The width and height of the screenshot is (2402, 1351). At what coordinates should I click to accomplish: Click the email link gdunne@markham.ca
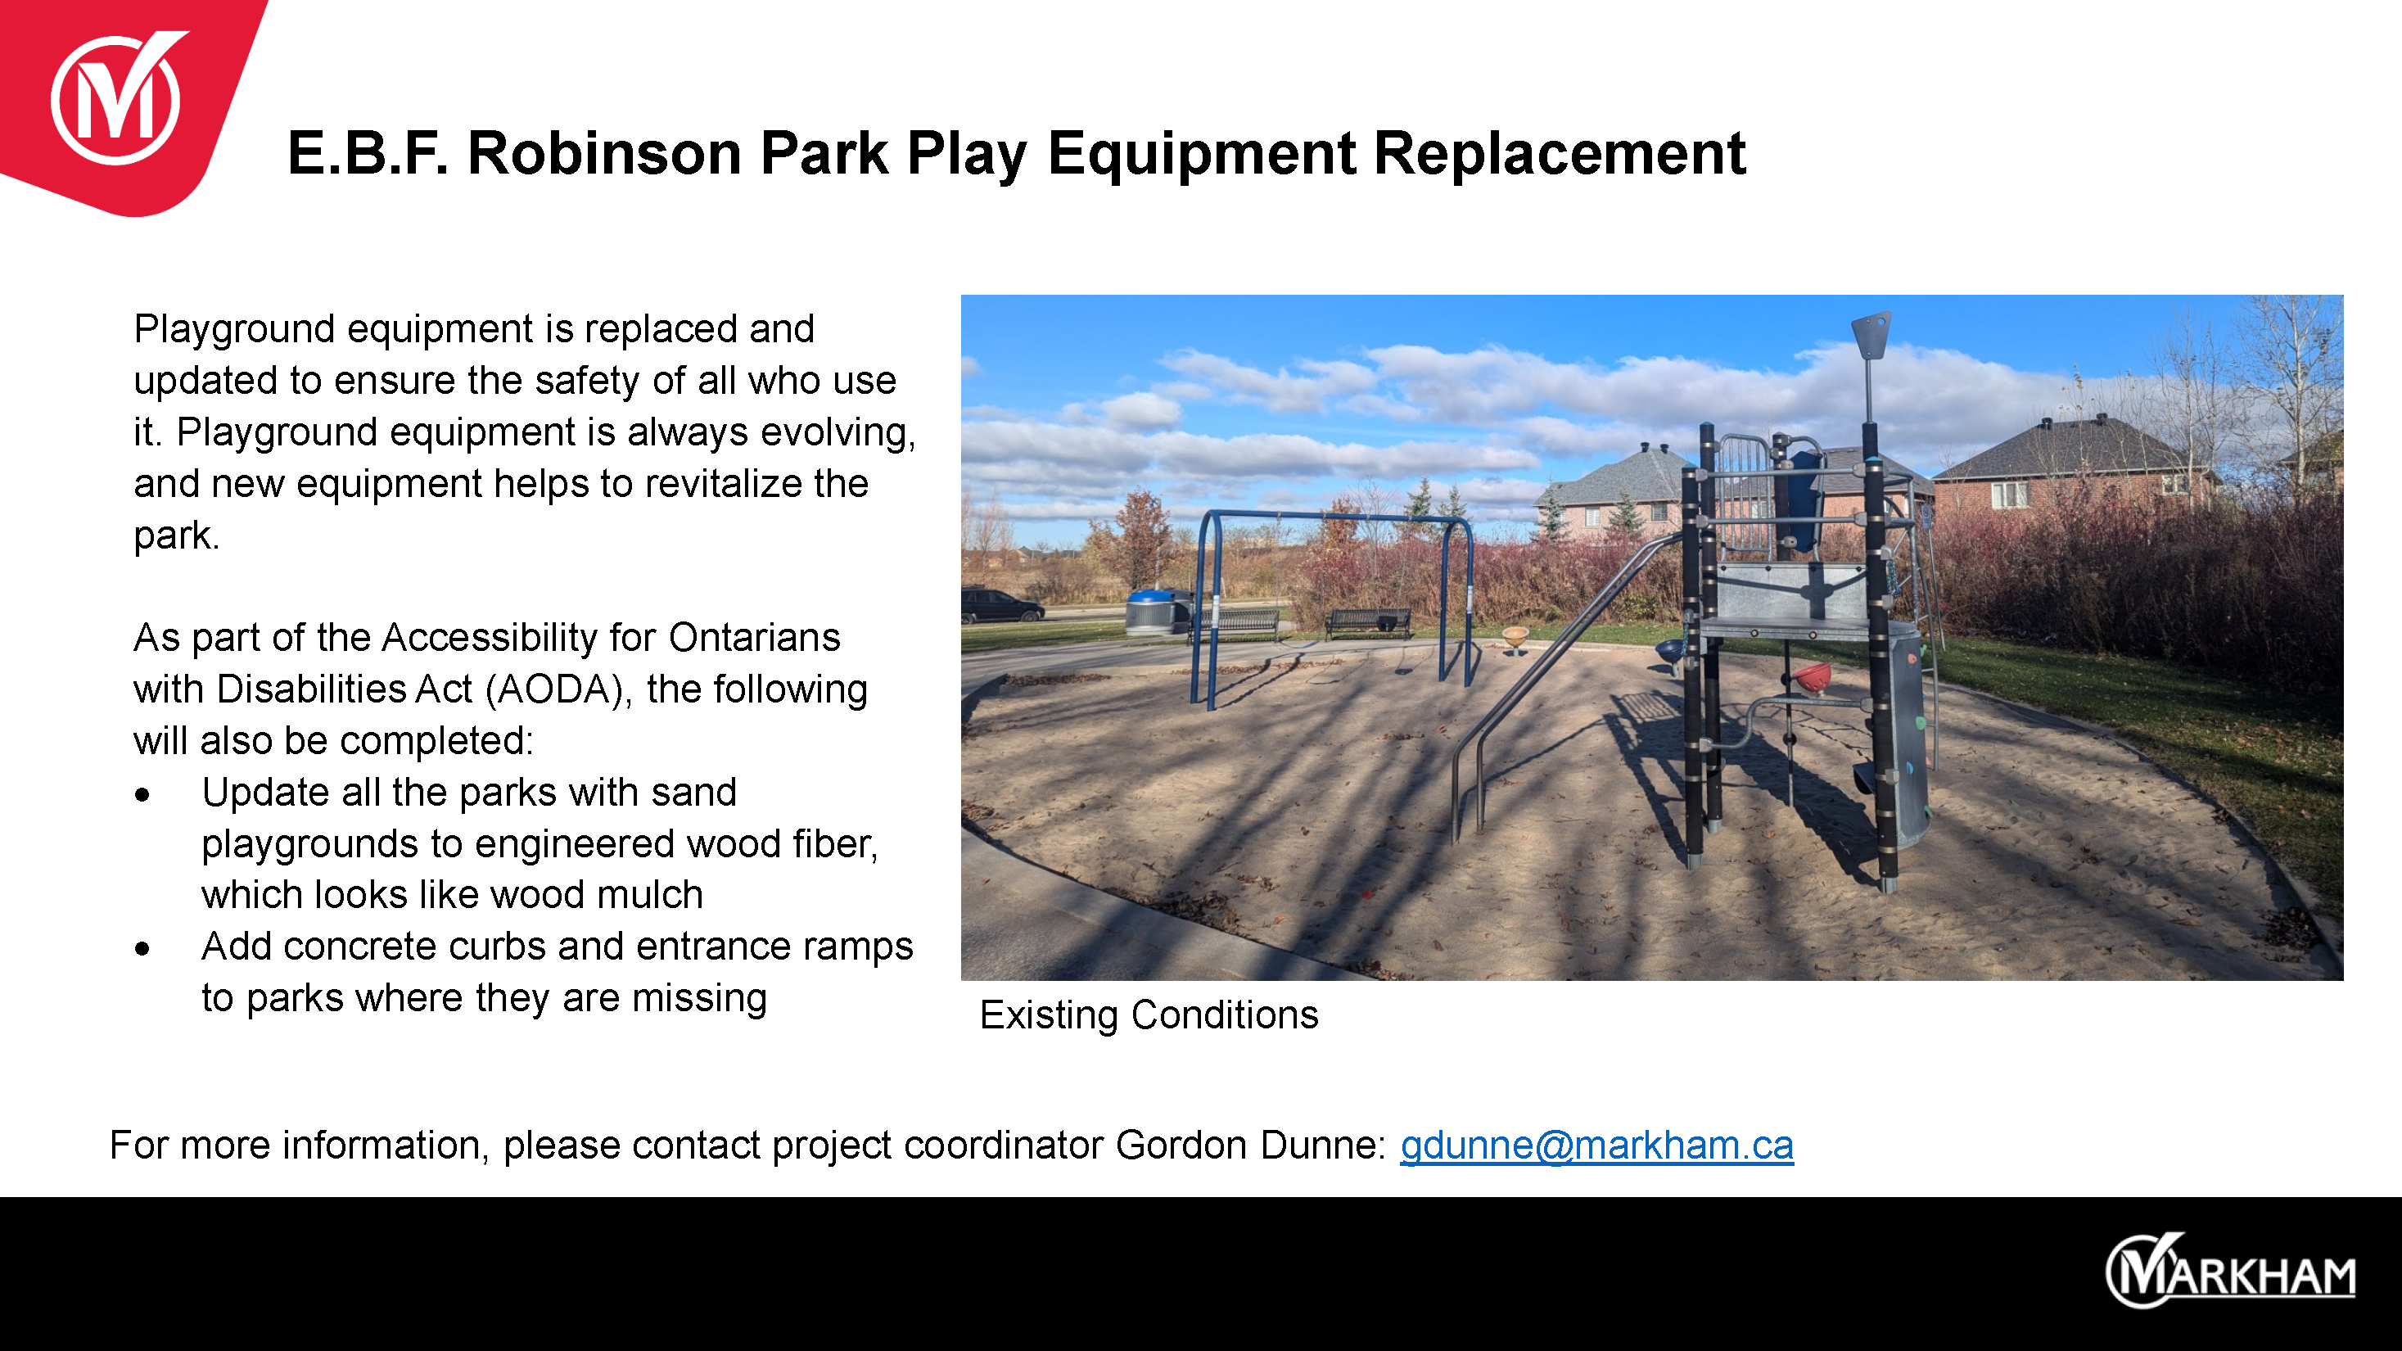coord(1596,1145)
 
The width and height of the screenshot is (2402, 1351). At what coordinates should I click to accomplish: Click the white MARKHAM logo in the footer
coord(2229,1271)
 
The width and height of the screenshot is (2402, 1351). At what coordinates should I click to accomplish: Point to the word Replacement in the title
coord(1559,155)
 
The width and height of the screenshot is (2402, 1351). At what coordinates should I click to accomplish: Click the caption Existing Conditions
coord(1149,1015)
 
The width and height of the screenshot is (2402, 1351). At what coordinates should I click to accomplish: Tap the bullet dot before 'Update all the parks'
coord(142,794)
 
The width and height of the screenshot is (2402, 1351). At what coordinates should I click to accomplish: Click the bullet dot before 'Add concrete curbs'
coord(142,949)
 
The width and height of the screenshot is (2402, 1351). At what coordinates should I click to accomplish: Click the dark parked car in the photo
coord(1001,605)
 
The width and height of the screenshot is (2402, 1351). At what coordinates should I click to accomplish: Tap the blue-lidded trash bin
coord(1157,612)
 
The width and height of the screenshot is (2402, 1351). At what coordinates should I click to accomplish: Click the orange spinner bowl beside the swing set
coord(1515,638)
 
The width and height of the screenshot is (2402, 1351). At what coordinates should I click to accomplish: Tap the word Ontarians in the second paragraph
coord(754,638)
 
